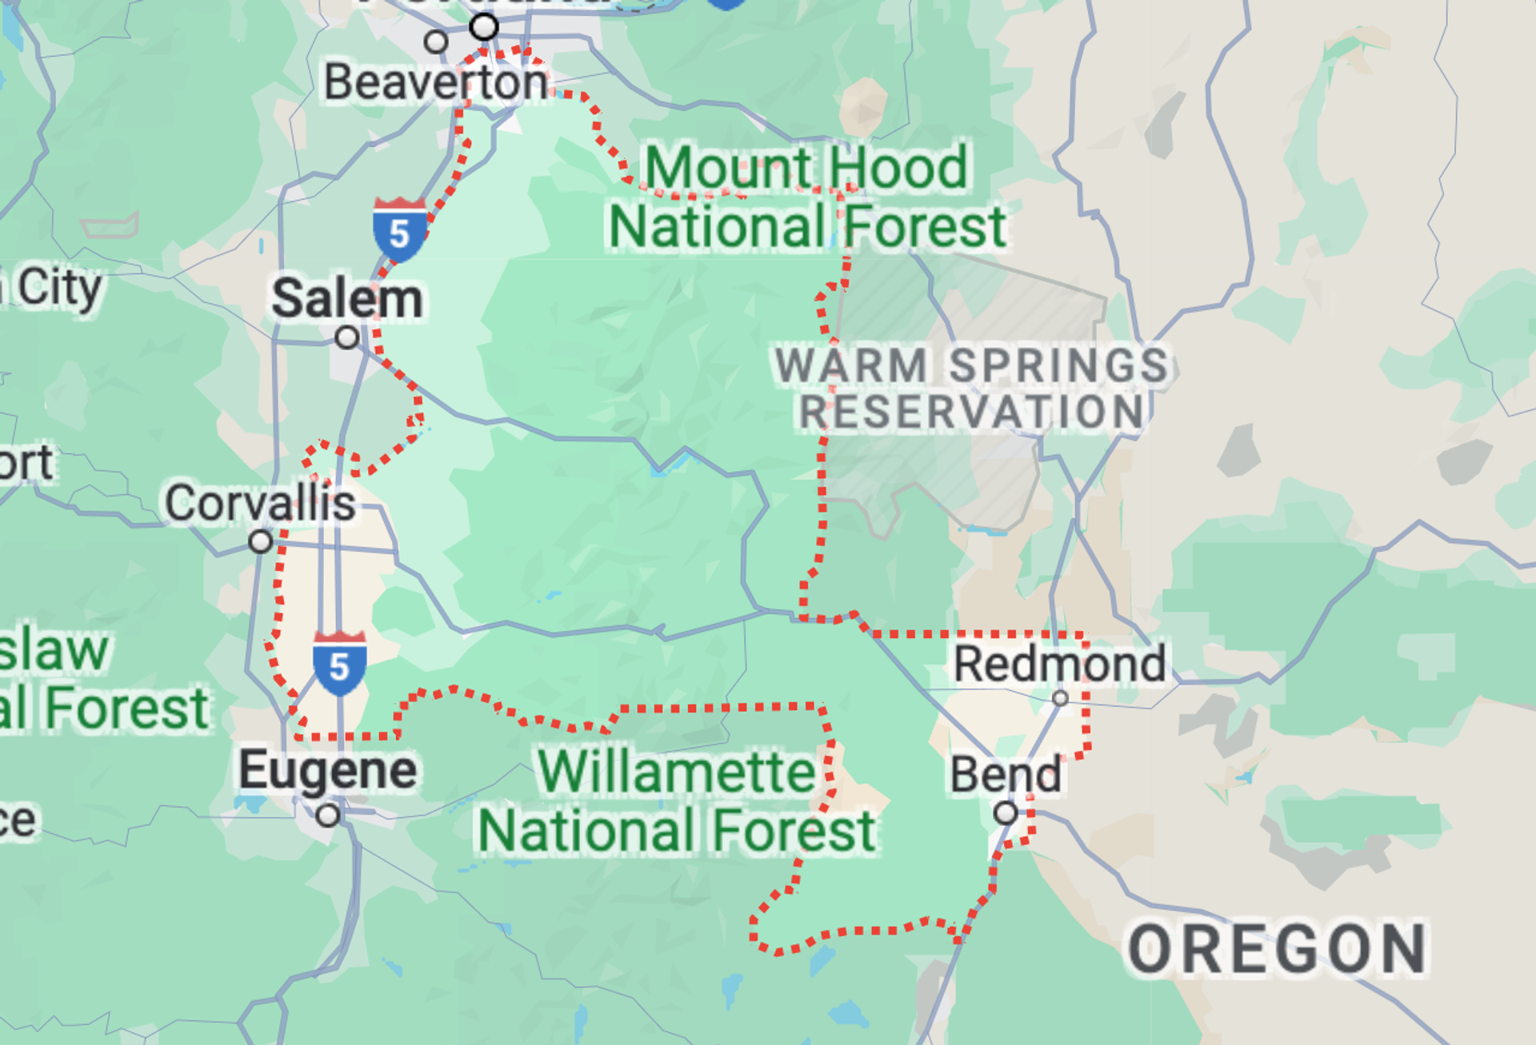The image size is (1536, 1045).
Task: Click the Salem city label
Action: click(x=347, y=299)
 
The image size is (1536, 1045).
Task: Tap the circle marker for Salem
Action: click(x=346, y=337)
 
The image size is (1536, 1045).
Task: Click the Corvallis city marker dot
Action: click(x=260, y=542)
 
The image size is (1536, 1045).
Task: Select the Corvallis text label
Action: click(x=260, y=503)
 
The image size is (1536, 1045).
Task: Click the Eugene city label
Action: click(x=327, y=770)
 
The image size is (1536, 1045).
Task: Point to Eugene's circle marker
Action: click(x=328, y=816)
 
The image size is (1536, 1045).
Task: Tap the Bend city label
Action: click(x=1006, y=775)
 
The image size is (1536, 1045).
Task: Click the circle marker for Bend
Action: click(x=1006, y=814)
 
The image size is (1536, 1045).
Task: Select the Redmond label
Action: click(x=1059, y=664)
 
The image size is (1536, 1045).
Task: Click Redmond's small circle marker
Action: click(x=1060, y=698)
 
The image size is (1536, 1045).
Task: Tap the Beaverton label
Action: click(x=436, y=82)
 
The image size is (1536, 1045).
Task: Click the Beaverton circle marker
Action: click(x=436, y=41)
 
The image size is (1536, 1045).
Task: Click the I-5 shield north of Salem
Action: click(x=399, y=230)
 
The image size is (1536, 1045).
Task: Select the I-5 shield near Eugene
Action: click(x=339, y=663)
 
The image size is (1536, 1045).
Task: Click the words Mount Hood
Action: click(x=806, y=168)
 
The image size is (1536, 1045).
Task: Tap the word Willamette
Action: click(x=676, y=772)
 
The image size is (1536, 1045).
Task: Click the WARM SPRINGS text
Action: click(x=971, y=365)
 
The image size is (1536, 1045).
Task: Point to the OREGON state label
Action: click(x=1277, y=950)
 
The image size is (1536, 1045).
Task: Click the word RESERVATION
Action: click(x=971, y=413)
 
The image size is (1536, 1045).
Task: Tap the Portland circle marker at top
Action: click(x=484, y=27)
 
